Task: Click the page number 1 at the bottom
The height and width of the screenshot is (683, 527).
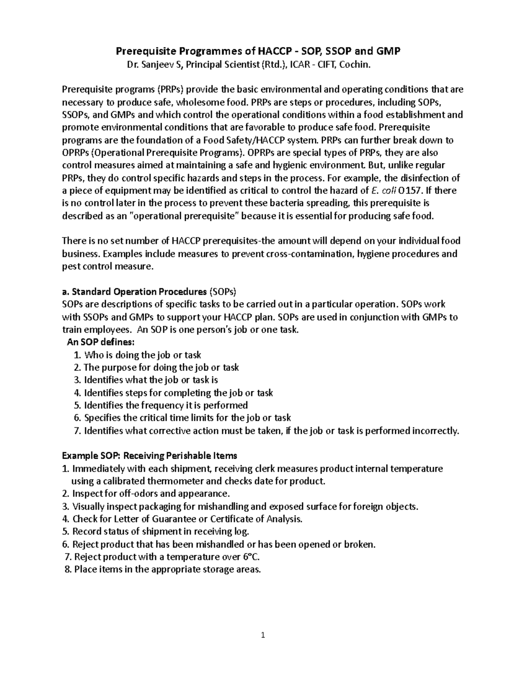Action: click(263, 635)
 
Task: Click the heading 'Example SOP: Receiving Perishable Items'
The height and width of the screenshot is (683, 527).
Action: click(149, 456)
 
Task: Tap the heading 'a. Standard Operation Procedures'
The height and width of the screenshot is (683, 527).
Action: click(134, 292)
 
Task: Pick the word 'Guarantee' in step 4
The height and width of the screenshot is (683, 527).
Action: click(175, 519)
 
